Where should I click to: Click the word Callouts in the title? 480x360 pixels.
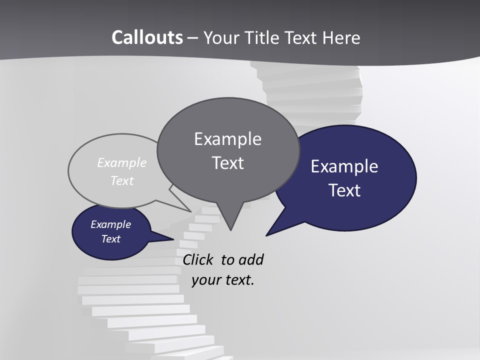point(147,37)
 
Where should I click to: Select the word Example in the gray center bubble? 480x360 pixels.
point(227,139)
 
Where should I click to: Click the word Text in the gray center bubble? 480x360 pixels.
point(227,163)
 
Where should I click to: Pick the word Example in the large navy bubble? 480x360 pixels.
point(344,166)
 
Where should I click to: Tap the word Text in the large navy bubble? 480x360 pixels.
point(344,190)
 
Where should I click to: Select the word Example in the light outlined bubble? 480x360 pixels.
point(122,163)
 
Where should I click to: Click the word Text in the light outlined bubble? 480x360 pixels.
point(122,181)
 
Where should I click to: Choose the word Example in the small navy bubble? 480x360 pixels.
point(111,224)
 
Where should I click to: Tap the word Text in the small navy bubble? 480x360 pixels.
point(111,239)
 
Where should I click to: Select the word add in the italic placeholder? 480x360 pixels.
point(250,260)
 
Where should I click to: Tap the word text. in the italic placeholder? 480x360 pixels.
point(239,280)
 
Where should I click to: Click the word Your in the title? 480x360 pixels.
point(221,37)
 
